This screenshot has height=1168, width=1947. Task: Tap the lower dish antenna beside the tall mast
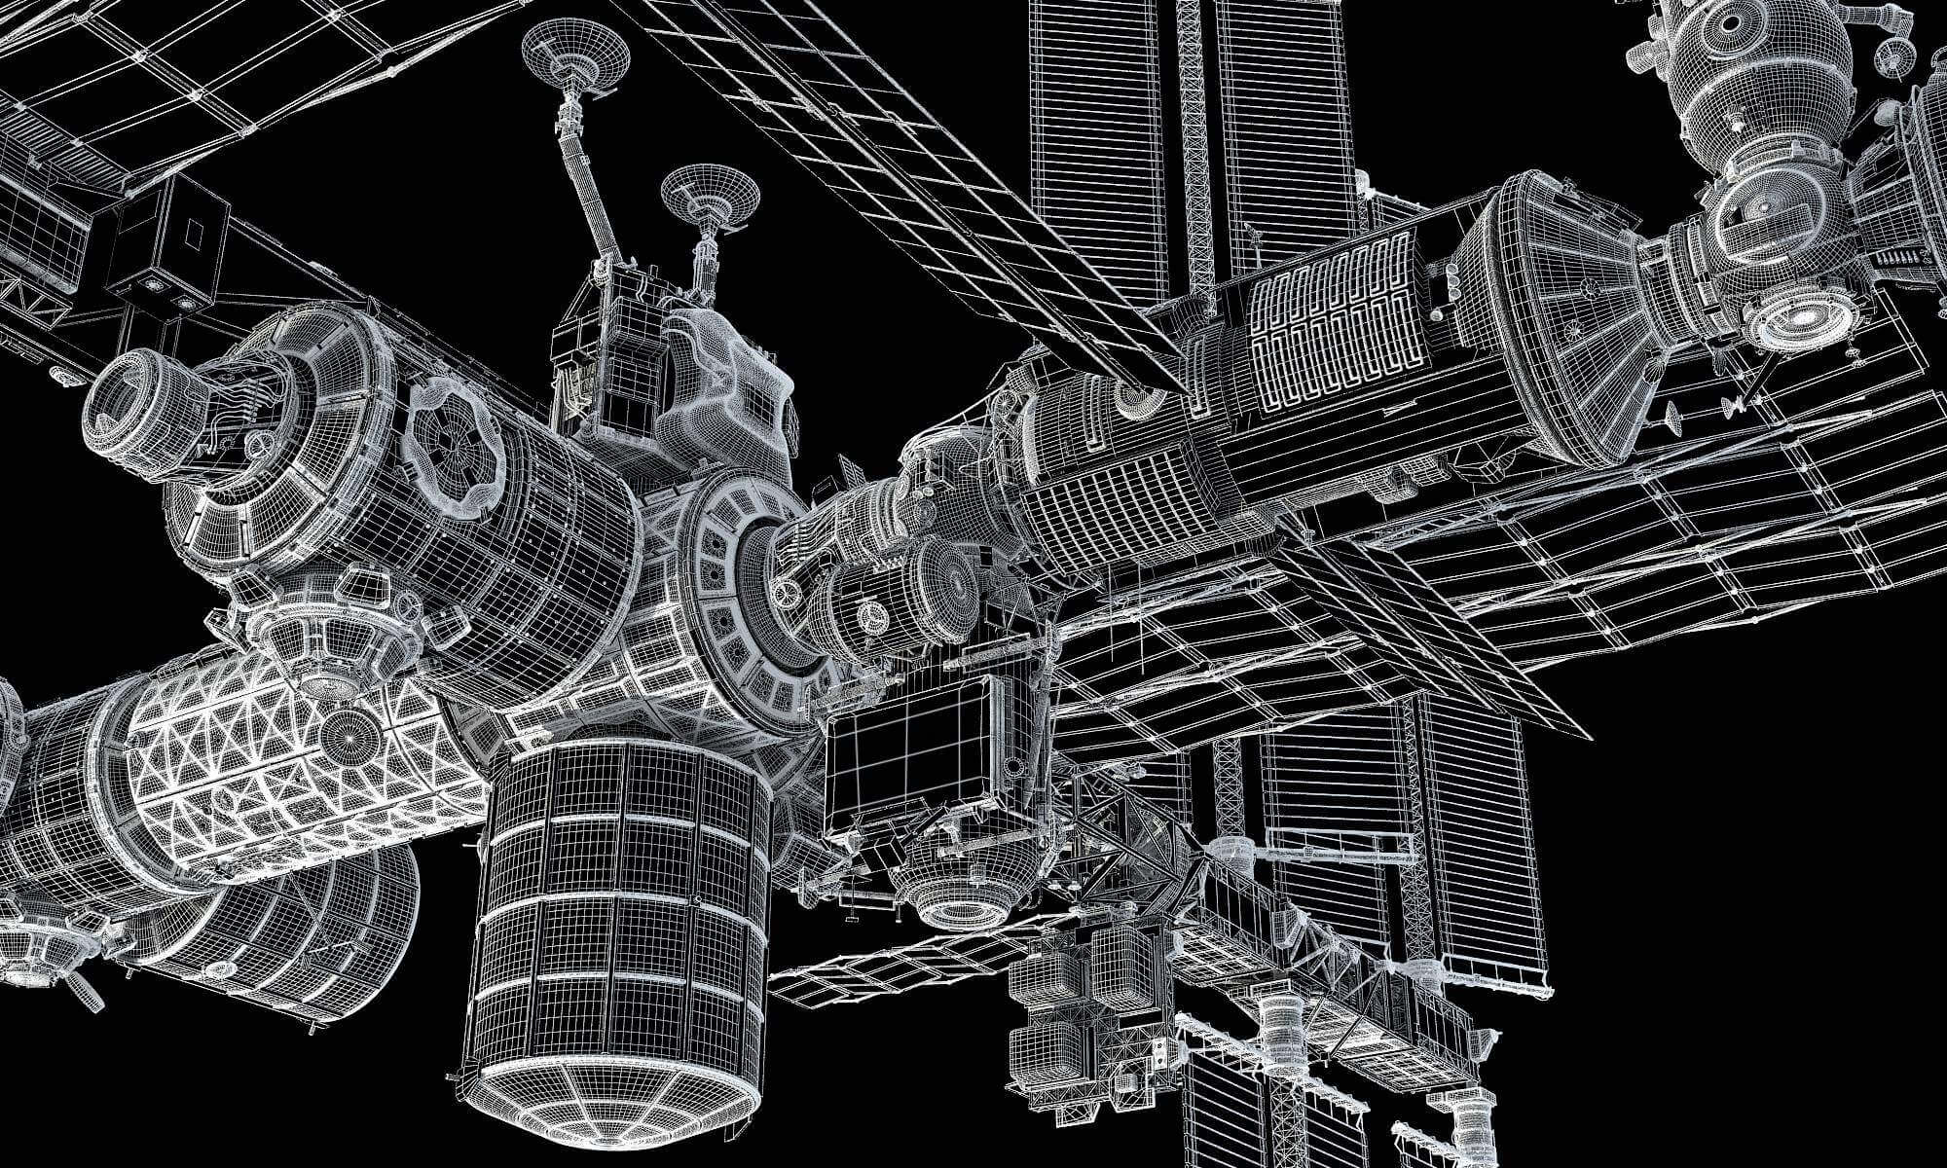click(x=710, y=199)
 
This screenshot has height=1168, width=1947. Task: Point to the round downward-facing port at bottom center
click(x=959, y=905)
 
